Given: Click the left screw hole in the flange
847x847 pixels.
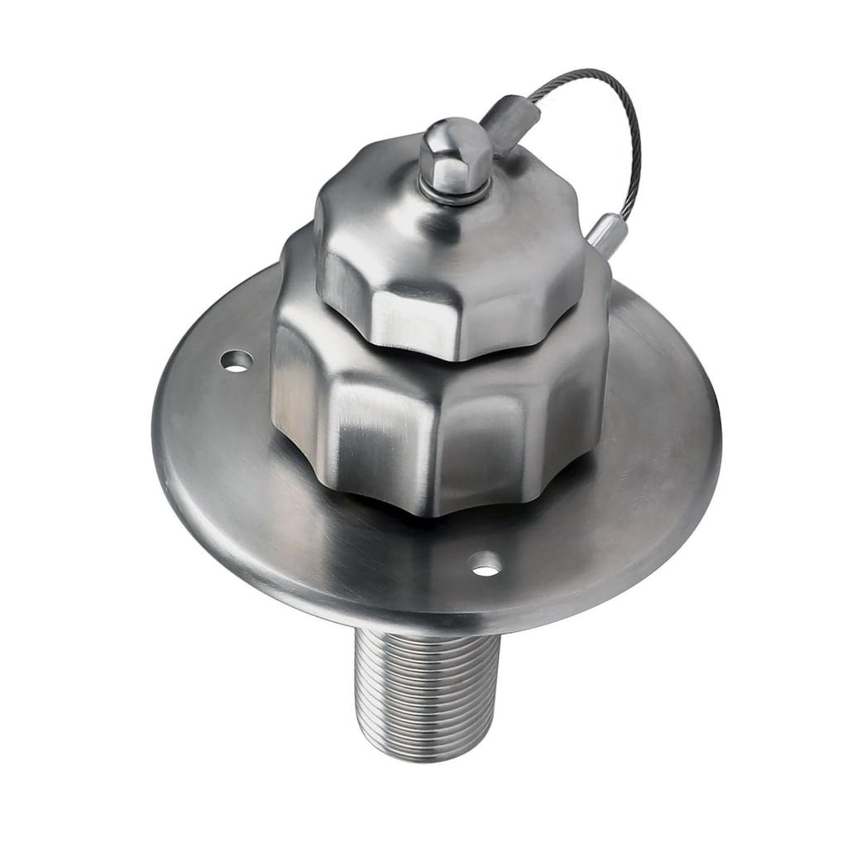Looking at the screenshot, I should pos(237,361).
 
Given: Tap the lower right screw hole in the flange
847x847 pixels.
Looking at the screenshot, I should pos(486,567).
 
